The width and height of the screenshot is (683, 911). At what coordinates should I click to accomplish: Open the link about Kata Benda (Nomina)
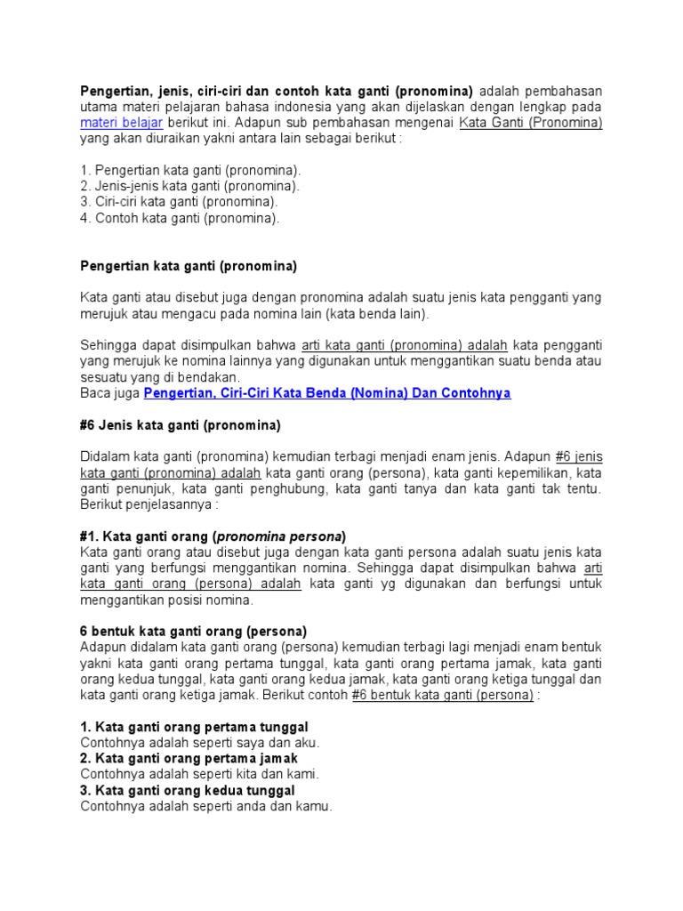(327, 392)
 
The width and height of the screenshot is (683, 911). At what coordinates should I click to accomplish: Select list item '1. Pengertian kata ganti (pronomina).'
(190, 170)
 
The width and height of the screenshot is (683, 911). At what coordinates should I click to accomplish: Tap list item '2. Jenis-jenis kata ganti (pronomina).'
(189, 186)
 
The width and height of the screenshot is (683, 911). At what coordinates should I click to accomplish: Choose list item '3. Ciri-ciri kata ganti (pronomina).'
(179, 202)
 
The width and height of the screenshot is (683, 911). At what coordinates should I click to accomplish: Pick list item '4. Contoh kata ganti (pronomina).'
(180, 218)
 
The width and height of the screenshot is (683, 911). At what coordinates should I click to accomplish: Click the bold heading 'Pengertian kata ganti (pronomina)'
(189, 266)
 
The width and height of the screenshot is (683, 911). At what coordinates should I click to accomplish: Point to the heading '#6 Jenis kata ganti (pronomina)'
(181, 424)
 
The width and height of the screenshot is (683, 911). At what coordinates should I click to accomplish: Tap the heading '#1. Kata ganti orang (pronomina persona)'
(213, 536)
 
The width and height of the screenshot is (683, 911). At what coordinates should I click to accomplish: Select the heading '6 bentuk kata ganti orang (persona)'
(194, 631)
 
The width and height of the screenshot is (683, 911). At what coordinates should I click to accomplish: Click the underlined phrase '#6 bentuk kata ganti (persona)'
(442, 695)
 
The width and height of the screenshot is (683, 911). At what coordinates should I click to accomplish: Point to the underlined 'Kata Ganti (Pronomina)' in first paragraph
(531, 122)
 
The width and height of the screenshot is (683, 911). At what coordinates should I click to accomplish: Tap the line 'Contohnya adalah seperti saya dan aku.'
(199, 742)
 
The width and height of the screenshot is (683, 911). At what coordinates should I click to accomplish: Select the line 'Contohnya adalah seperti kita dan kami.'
(199, 774)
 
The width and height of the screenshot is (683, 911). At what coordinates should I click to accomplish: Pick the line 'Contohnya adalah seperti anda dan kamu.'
(205, 806)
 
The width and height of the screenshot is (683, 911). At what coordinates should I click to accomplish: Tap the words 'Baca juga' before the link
(110, 392)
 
